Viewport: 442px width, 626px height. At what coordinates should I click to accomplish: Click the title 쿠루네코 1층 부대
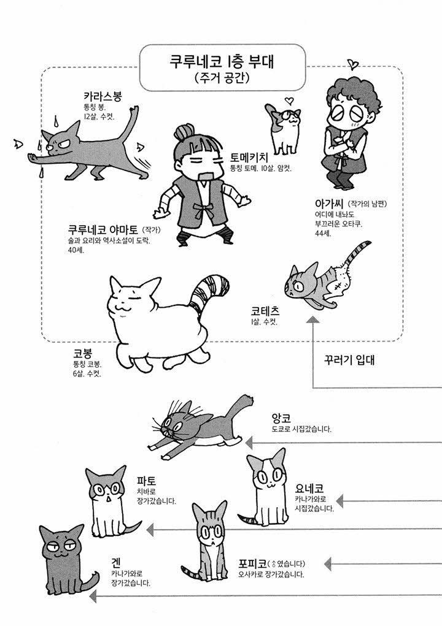click(x=222, y=62)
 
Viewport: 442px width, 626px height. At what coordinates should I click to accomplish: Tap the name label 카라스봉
click(x=103, y=96)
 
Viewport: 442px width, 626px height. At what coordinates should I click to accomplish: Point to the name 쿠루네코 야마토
click(x=103, y=229)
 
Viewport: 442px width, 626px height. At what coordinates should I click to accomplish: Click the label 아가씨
click(x=329, y=204)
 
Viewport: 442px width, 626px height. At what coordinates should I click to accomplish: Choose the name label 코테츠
click(x=265, y=311)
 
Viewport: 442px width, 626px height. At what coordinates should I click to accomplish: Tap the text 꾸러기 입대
click(x=349, y=360)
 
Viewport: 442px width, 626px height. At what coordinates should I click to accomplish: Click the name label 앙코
click(x=281, y=418)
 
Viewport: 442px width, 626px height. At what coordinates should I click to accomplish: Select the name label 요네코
click(x=309, y=488)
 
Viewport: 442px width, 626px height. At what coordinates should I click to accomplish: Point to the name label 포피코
click(x=252, y=563)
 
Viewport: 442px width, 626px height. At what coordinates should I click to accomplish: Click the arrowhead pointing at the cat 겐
click(x=93, y=597)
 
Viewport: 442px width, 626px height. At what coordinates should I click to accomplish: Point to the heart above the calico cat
click(x=289, y=100)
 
